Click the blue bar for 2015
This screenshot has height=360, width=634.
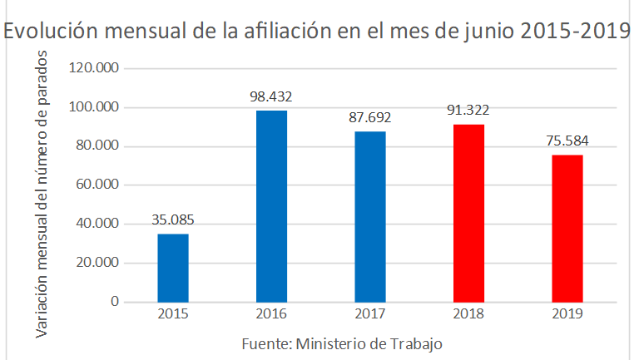pyautogui.click(x=173, y=268)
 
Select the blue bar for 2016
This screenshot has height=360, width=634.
pyautogui.click(x=271, y=206)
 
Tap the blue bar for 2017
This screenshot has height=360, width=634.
pyautogui.click(x=369, y=216)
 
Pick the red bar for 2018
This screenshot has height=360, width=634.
pyautogui.click(x=468, y=213)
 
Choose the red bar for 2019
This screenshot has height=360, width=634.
pyautogui.click(x=567, y=229)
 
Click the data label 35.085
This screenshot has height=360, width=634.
pyautogui.click(x=173, y=220)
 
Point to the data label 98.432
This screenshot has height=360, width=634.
pyautogui.click(x=271, y=96)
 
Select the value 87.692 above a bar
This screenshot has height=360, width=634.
pyautogui.click(x=369, y=117)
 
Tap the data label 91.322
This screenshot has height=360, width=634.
pyautogui.click(x=468, y=111)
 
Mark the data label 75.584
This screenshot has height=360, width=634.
pyautogui.click(x=567, y=141)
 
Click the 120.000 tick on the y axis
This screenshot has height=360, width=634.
pyautogui.click(x=95, y=68)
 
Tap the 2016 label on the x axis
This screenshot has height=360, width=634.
pyautogui.click(x=271, y=314)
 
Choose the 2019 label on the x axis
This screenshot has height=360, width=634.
pyautogui.click(x=567, y=314)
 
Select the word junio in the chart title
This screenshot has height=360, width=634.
pyautogui.click(x=479, y=32)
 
